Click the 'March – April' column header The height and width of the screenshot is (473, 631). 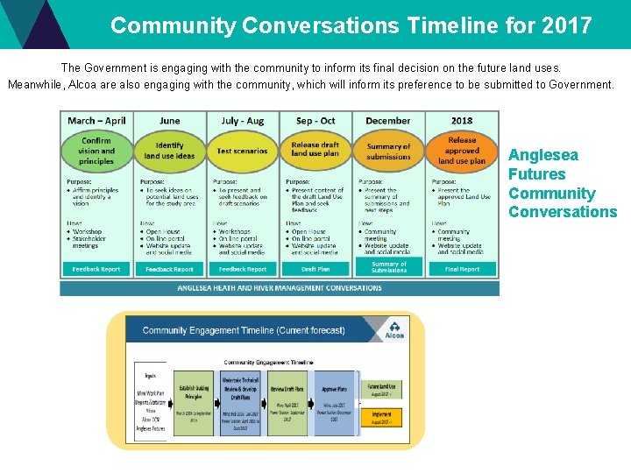coord(96,121)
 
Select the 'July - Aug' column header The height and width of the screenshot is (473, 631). coord(243,121)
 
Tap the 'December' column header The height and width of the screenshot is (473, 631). coord(388,121)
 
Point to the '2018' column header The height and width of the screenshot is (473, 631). coord(462,121)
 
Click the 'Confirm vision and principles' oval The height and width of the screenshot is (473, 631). coord(96,151)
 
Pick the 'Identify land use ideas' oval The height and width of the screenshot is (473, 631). coord(169,151)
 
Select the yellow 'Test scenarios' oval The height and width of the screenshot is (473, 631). coord(243,151)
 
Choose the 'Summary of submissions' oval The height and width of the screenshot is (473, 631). coord(388,152)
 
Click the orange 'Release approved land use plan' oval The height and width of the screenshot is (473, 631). coord(462,150)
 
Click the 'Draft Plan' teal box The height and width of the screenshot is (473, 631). coord(315,269)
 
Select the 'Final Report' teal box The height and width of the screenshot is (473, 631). coord(462,269)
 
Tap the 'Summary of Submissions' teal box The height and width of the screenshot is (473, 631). coord(388,267)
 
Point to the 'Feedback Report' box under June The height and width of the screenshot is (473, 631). coord(169,269)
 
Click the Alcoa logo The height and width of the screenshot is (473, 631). coord(395,330)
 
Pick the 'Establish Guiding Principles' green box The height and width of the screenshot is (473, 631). coord(194,401)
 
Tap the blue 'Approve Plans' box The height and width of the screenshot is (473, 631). coord(334,401)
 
